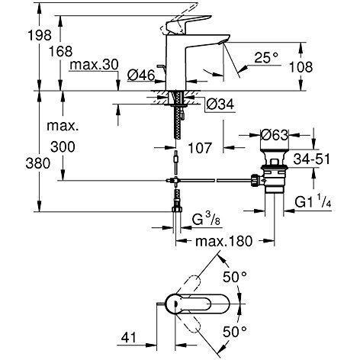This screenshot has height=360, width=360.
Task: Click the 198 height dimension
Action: [x=40, y=35]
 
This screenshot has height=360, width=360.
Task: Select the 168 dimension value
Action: [x=60, y=51]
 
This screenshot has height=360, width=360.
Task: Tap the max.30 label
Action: [x=94, y=65]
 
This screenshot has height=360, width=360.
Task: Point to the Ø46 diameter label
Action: [x=141, y=76]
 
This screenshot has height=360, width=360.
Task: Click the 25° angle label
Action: [x=266, y=58]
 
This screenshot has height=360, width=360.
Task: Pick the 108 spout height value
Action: [x=301, y=67]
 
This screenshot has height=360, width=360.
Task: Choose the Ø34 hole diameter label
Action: [x=220, y=104]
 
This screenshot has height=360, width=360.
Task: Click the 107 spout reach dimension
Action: [x=200, y=148]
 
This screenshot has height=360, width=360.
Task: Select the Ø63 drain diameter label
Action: [x=275, y=135]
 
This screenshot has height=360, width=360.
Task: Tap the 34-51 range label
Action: [x=311, y=159]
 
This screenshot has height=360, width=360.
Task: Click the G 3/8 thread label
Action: [x=206, y=219]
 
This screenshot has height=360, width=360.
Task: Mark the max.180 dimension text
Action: [x=224, y=241]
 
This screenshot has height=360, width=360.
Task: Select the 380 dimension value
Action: [x=38, y=163]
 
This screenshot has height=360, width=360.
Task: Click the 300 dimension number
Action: [x=63, y=147]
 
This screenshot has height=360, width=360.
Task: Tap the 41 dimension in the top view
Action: [x=129, y=338]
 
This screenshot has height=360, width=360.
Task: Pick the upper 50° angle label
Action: [x=235, y=277]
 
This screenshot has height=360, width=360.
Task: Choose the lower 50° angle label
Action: [x=235, y=332]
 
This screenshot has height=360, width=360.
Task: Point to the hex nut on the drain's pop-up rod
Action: [x=255, y=180]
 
